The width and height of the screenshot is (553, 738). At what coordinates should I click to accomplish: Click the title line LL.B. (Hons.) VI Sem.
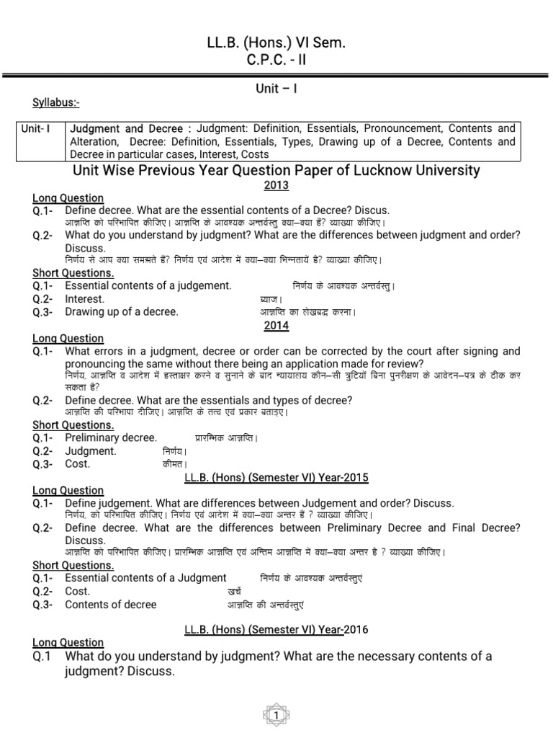point(276,45)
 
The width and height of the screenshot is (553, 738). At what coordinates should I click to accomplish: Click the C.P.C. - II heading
point(276,61)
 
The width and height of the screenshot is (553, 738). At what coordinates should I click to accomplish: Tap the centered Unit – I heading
point(276,89)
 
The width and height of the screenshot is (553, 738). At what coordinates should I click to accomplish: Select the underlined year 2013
point(276,185)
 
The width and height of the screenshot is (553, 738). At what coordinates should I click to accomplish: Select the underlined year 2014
point(276,326)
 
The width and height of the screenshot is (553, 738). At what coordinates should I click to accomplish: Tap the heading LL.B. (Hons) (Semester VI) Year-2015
point(276,478)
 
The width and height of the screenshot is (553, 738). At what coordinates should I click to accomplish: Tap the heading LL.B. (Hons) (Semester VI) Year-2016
point(276,629)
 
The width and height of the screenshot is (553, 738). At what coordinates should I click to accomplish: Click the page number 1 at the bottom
point(276,715)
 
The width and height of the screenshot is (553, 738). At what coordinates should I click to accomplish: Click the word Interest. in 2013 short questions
point(84,299)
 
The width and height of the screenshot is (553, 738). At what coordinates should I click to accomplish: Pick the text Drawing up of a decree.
point(121,312)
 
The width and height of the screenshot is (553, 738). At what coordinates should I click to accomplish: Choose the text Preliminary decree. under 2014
point(111,437)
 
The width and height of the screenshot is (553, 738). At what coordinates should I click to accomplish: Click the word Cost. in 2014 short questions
point(78,464)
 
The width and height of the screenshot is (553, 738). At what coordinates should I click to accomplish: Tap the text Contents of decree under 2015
point(110,605)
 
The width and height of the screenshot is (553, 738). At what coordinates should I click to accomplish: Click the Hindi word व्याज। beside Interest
point(271,299)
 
